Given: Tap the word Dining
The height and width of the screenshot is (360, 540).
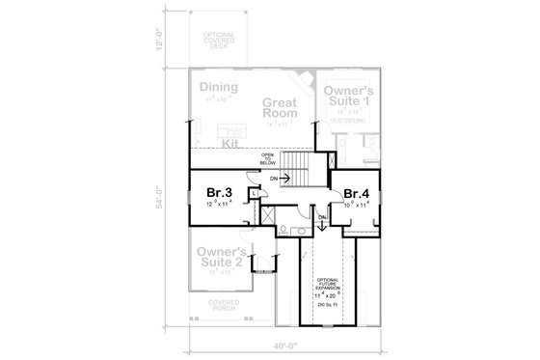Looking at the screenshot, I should click(219, 87).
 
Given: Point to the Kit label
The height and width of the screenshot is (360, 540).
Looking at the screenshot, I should click(229, 142).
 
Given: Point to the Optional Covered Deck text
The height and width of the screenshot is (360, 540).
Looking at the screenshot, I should click(218, 44).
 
